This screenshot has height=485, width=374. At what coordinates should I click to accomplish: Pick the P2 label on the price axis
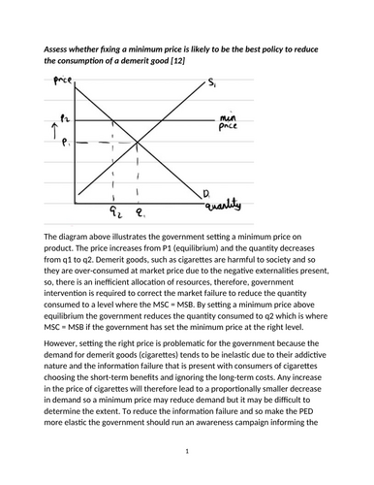(65, 118)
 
